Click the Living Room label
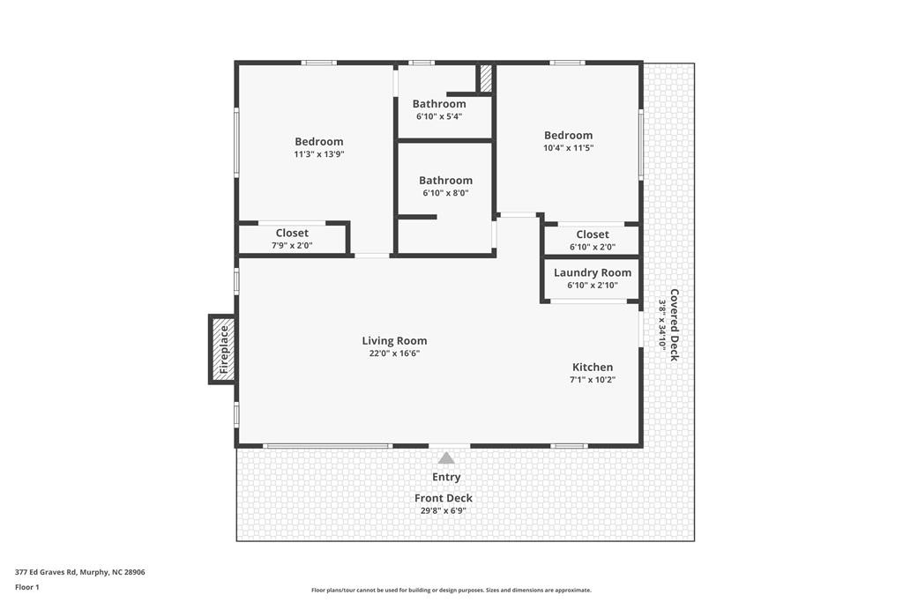394,341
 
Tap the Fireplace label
224,349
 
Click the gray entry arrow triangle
445,458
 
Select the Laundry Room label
593,273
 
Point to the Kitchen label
593,368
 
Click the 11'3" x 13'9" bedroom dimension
319,154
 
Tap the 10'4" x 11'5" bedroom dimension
569,148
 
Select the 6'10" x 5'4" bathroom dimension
439,116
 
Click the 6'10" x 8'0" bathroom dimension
445,193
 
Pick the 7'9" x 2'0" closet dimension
292,246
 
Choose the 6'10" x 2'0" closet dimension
593,247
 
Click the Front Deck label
444,498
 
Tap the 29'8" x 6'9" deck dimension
444,511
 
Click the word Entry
446,477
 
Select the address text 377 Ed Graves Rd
46,572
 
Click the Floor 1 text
27,587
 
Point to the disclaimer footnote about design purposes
451,590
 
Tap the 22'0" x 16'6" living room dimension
394,353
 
